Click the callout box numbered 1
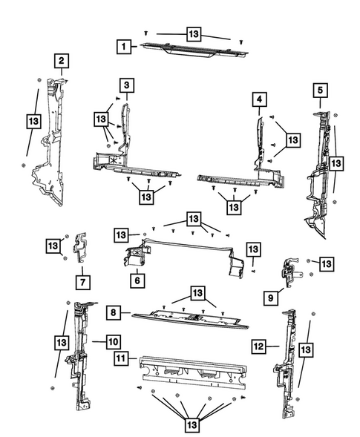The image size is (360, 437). [124, 46]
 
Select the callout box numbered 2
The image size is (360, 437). [62, 61]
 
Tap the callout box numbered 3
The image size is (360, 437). [127, 85]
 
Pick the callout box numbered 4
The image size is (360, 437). [260, 99]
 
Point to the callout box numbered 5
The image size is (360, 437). [320, 90]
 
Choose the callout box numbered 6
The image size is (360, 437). [137, 280]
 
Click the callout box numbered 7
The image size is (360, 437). [83, 283]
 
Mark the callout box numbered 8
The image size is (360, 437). [114, 312]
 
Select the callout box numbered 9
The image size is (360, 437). [271, 298]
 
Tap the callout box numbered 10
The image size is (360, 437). [114, 342]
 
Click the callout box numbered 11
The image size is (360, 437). [121, 358]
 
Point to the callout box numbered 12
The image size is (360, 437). [258, 346]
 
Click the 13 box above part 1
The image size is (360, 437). [194, 34]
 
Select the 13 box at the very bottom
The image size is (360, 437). [192, 425]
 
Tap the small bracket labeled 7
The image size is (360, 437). [81, 247]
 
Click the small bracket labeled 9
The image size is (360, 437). [290, 272]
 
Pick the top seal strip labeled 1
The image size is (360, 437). [194, 50]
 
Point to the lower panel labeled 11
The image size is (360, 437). [193, 372]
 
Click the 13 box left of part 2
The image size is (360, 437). [33, 121]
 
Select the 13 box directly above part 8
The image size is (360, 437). [197, 293]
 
